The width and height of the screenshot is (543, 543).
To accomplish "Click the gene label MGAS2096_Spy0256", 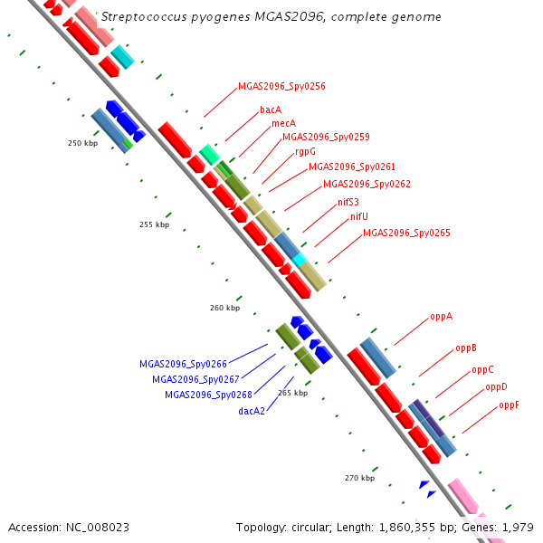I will tap(281, 87).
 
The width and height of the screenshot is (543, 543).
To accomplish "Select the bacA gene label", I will tap(271, 110).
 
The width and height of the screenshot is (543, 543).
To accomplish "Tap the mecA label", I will tap(283, 123).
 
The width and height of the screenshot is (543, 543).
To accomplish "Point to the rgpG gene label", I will tap(305, 151).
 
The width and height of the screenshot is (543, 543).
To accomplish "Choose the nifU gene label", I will tap(359, 217).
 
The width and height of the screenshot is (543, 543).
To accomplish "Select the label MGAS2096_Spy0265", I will tap(406, 233).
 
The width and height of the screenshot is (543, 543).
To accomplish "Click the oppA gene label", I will tap(441, 317).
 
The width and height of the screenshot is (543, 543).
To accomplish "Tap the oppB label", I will tap(466, 348).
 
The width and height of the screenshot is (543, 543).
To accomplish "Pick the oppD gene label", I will tap(496, 386).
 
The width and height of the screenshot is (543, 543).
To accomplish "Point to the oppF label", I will tap(509, 405).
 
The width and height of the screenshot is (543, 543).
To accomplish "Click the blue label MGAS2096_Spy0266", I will tap(183, 364).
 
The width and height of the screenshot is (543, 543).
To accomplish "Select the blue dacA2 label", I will tap(252, 411).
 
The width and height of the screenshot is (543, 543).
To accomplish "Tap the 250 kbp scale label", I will tap(82, 143).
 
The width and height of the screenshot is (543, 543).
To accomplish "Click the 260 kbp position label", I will tap(224, 308).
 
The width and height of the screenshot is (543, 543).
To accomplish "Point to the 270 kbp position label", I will tap(359, 477).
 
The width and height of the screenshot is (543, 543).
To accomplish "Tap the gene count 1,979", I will tap(517, 527).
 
